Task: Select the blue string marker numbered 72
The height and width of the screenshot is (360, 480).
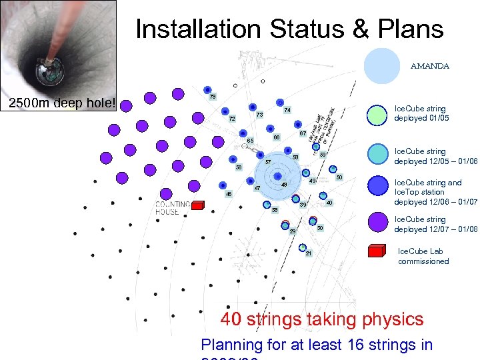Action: [x=225, y=112]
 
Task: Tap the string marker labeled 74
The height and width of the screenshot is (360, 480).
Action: [x=280, y=102]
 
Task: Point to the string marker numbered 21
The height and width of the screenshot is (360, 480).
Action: [x=302, y=247]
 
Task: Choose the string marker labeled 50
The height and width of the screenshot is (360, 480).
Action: [x=333, y=170]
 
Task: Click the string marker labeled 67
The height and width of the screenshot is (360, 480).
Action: [x=298, y=125]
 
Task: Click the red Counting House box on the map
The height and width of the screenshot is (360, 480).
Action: [x=197, y=207]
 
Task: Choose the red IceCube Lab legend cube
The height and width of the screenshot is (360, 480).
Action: [x=377, y=251]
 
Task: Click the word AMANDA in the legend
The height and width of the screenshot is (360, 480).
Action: [x=429, y=66]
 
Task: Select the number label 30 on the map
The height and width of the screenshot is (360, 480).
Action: [x=320, y=229]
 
